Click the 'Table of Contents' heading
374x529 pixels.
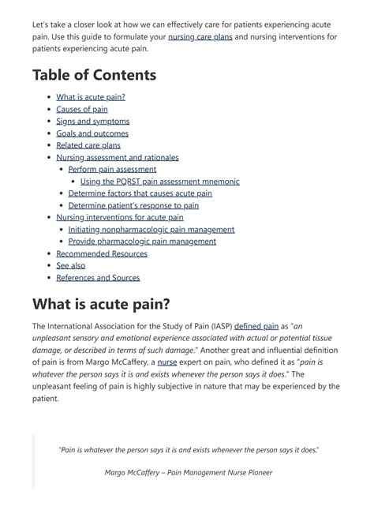click(94, 75)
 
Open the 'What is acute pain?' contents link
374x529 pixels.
click(91, 97)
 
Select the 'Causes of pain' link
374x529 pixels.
click(82, 109)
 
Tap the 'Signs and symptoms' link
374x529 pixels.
click(92, 121)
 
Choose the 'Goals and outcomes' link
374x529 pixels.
click(92, 133)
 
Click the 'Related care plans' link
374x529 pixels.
click(88, 145)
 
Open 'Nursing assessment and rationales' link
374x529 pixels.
click(118, 157)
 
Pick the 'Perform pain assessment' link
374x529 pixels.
click(112, 169)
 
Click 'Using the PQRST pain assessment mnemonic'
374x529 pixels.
click(159, 181)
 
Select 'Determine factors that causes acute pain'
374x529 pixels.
click(140, 193)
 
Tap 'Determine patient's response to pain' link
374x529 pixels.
click(133, 205)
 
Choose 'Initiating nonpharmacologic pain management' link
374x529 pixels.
click(151, 229)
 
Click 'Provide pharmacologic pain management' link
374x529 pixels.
click(142, 242)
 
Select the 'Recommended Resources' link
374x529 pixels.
click(102, 253)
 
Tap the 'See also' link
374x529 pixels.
click(71, 265)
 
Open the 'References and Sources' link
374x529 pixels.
click(98, 277)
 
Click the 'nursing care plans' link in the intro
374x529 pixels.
click(200, 37)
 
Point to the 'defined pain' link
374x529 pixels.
click(255, 325)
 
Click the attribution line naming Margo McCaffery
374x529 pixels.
click(188, 473)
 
